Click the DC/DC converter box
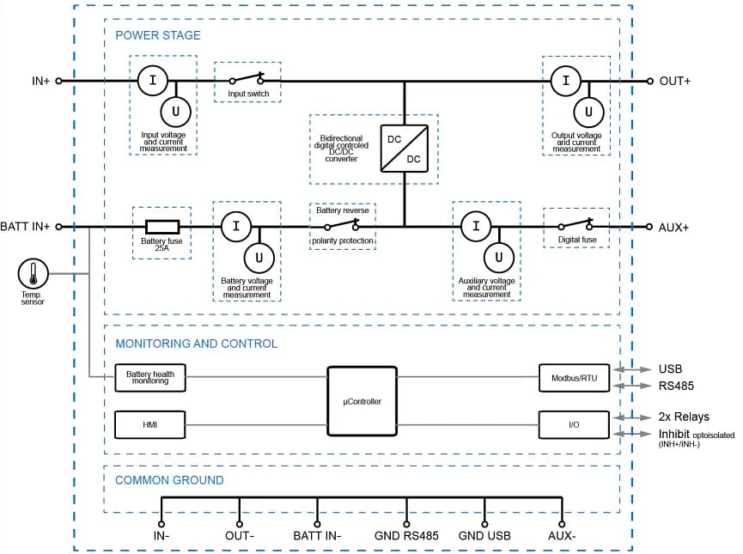pos(404,148)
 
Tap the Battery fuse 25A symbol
pos(161,227)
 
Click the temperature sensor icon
pos(33,274)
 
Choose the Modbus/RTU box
pos(574,377)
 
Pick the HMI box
pos(150,424)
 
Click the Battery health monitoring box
pos(150,377)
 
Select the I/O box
pos(574,424)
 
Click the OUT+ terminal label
pos(674,82)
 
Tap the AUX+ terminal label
pos(674,227)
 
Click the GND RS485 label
pos(406,536)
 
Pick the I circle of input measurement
pos(153,81)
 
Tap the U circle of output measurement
pos(588,111)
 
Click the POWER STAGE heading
pos(158,35)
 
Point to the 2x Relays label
pos(684,417)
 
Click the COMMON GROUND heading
pos(169,480)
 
